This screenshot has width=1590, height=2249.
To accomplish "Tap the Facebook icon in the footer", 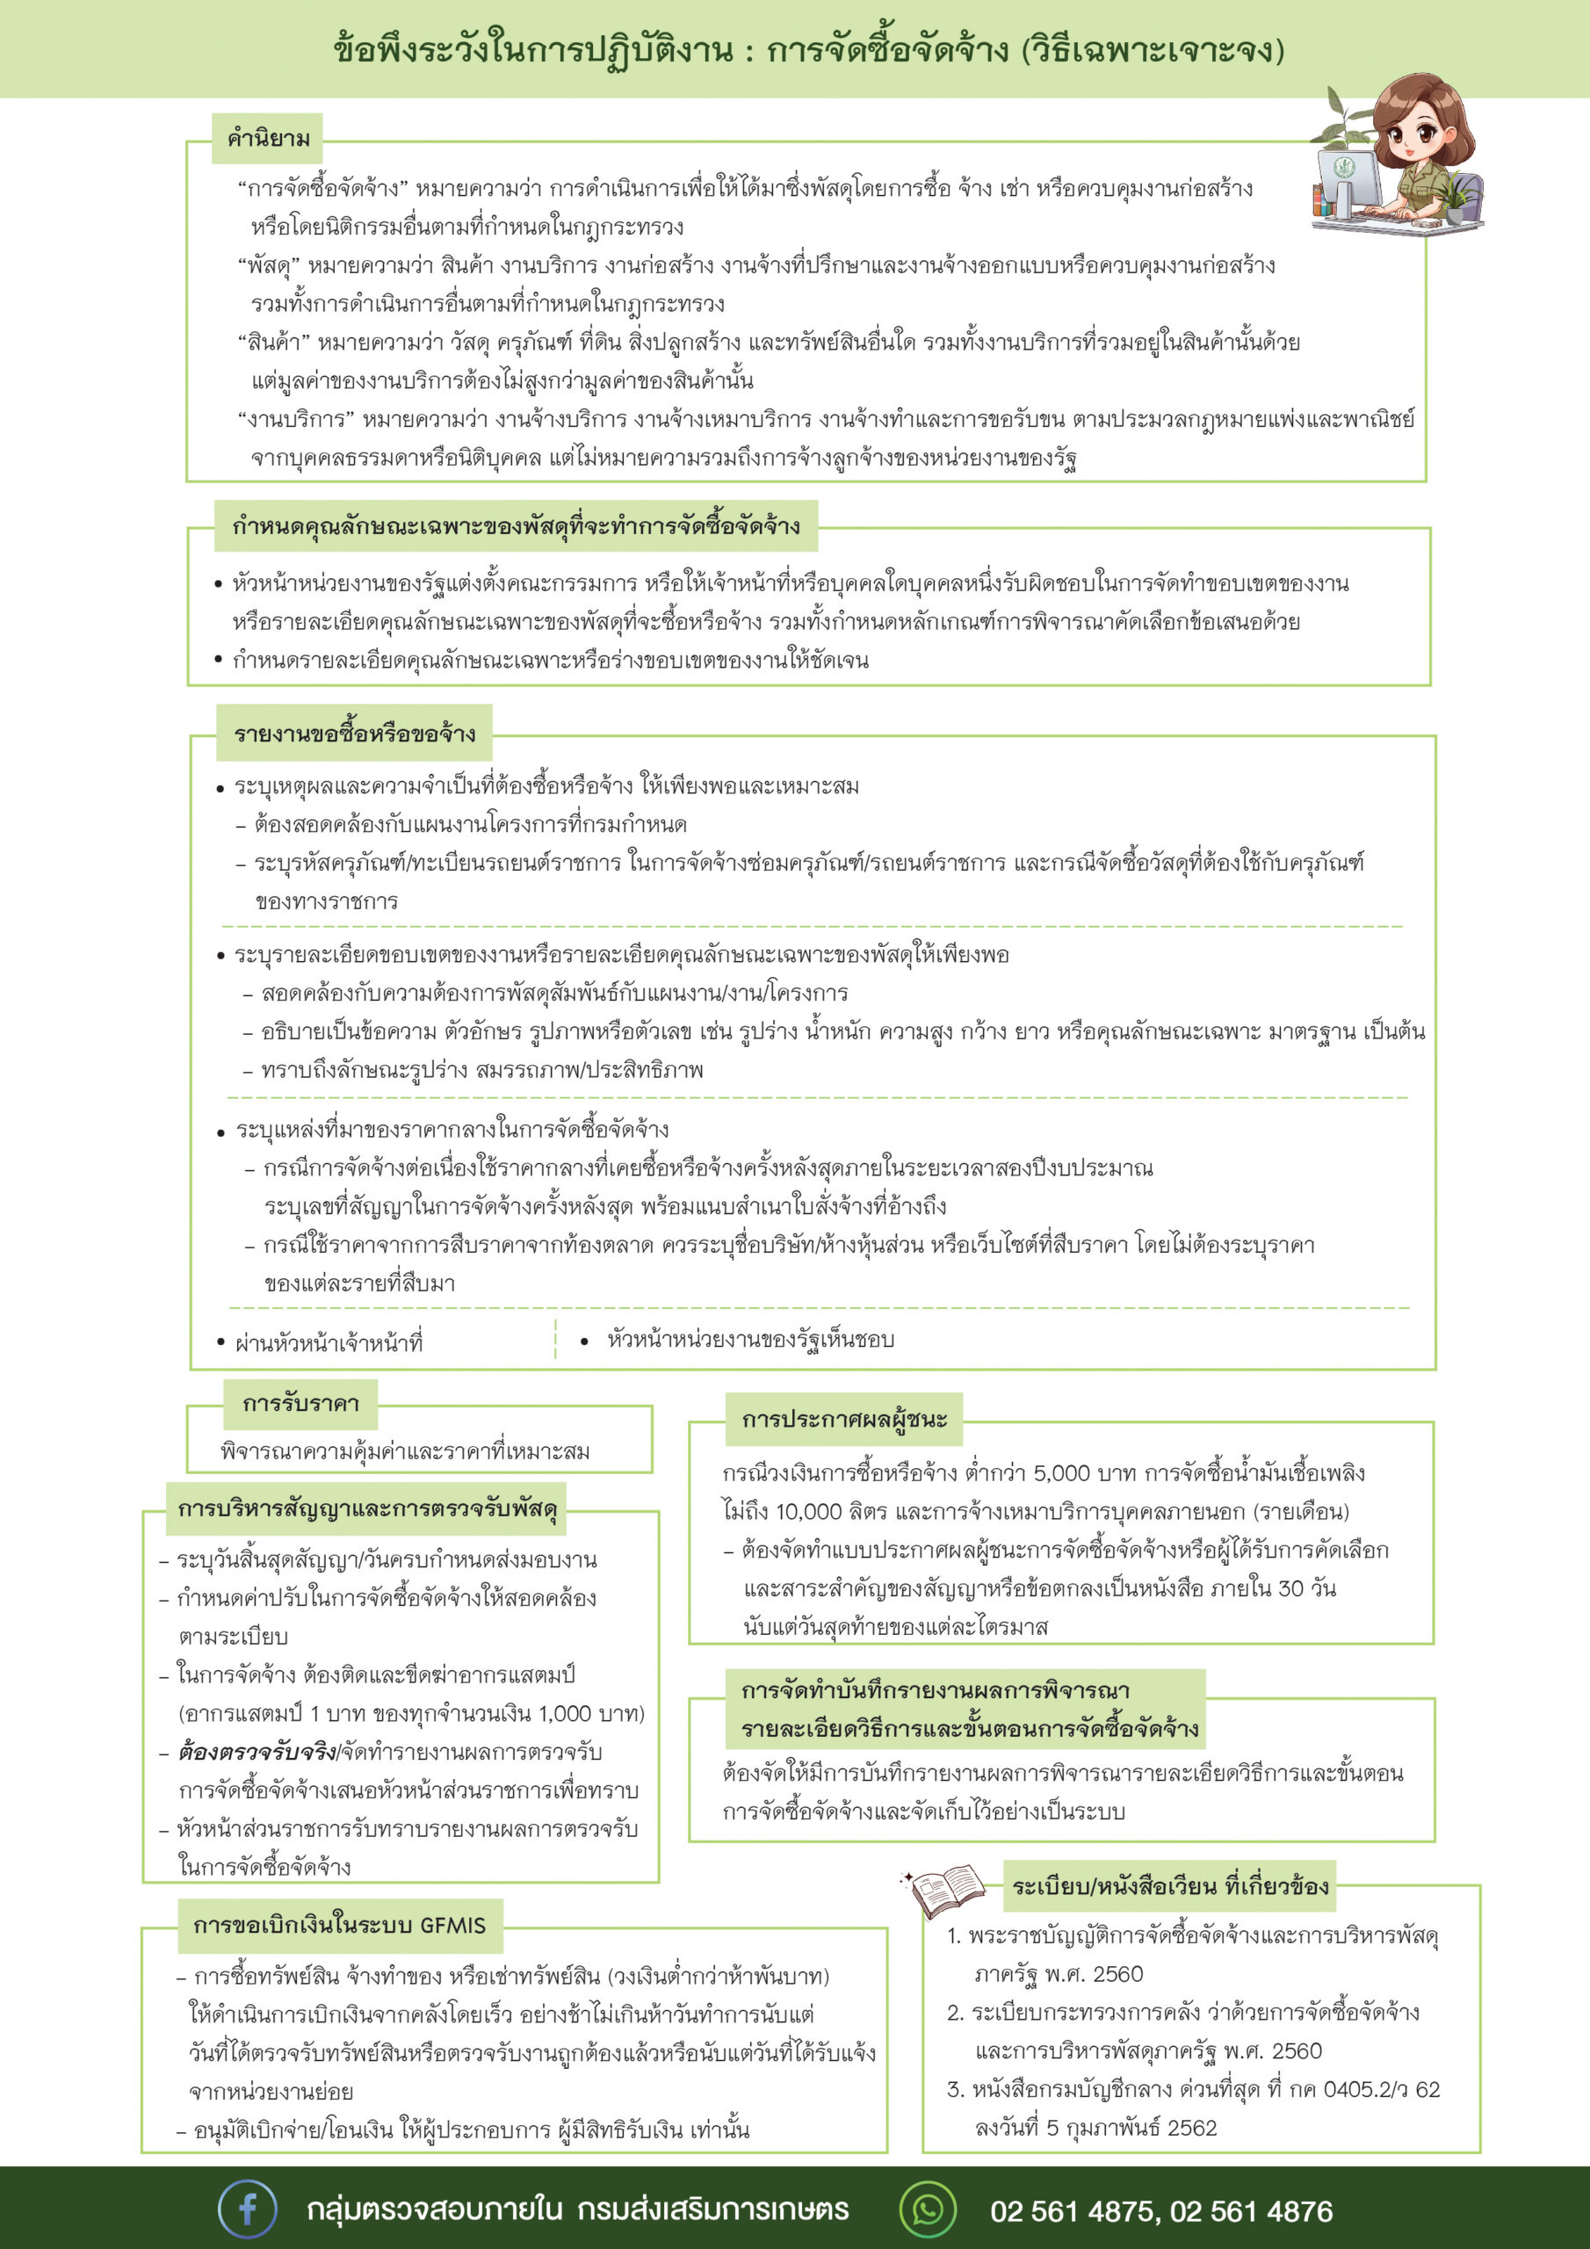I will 247,2209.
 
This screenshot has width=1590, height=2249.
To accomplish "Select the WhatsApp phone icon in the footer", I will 927,2209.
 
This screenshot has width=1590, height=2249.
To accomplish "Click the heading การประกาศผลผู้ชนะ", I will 843,1420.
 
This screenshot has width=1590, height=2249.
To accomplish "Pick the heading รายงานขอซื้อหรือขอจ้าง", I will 355,734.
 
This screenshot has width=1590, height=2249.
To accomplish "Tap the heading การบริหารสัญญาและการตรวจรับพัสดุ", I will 367,1508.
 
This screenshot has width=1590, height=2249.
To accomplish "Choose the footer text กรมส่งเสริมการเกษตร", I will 712,2209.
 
